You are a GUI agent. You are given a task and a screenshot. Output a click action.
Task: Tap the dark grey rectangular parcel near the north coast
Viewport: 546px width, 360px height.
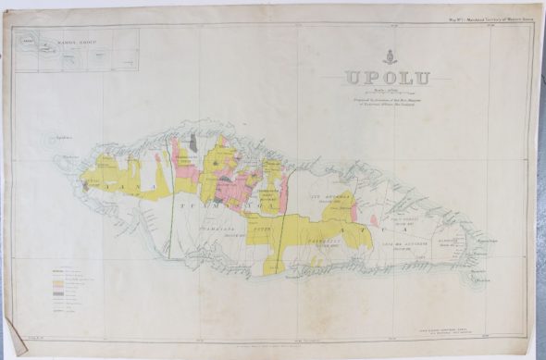pyautogui.click(x=192, y=141)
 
